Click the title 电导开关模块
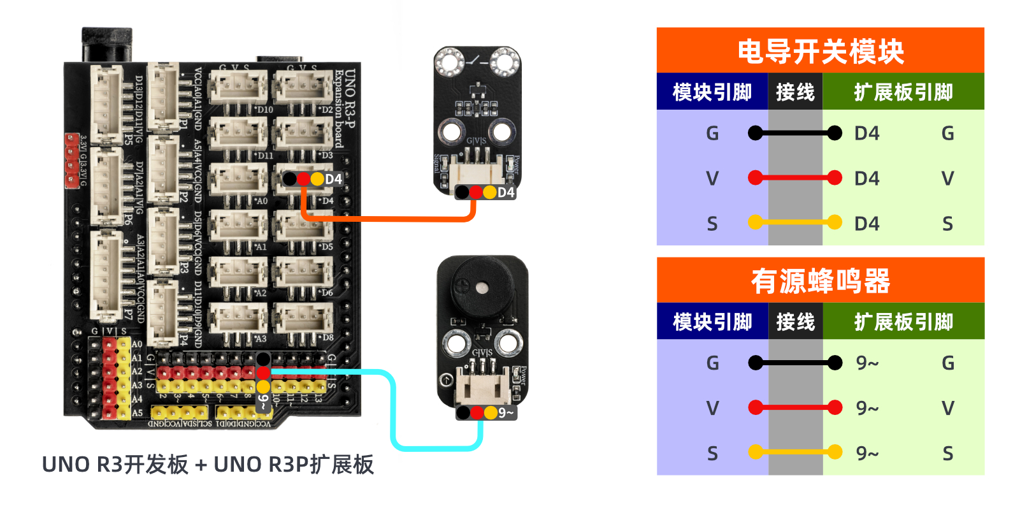[x=820, y=51]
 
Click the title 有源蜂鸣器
[x=820, y=281]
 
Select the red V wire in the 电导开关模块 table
[x=794, y=178]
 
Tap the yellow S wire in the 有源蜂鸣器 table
[x=794, y=453]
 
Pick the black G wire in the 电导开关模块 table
[x=794, y=133]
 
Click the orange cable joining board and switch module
[x=389, y=219]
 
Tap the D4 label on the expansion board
[x=333, y=179]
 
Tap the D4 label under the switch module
[x=505, y=192]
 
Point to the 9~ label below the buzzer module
[x=506, y=413]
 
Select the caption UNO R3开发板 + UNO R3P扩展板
[x=208, y=465]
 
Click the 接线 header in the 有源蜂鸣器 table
[x=795, y=322]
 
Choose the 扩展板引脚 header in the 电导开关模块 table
[x=903, y=92]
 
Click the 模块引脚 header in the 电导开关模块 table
[x=712, y=92]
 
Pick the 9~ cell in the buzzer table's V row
[x=867, y=408]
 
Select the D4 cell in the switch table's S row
[x=866, y=224]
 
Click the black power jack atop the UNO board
[x=106, y=45]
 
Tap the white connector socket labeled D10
[x=238, y=88]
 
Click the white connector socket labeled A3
[x=238, y=317]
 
